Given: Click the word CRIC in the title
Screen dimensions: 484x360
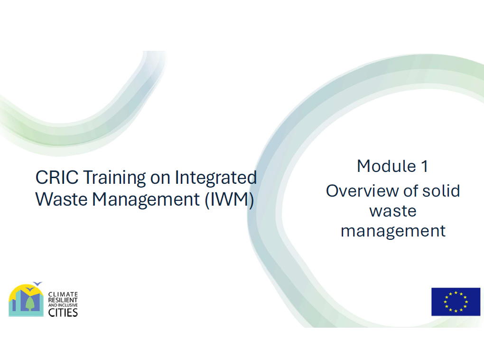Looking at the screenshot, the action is [57, 177].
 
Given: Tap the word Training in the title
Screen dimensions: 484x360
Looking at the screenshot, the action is [114, 178].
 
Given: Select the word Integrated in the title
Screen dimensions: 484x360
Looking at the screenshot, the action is [216, 178].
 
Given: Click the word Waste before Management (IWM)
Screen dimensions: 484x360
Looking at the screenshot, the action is [61, 199].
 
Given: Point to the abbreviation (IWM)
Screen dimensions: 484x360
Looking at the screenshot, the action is [230, 199].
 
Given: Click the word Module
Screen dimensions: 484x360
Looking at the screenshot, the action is [386, 166].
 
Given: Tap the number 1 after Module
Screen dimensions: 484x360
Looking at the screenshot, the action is [424, 166].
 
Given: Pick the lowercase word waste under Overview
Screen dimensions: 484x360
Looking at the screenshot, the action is [393, 211].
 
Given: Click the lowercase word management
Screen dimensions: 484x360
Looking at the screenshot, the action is [393, 231].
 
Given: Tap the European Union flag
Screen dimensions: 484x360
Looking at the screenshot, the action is [456, 302].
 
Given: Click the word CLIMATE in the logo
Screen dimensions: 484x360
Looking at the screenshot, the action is [63, 294].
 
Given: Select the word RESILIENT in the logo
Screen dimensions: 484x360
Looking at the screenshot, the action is [63, 300].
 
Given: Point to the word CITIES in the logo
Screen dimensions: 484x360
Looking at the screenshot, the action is [63, 313].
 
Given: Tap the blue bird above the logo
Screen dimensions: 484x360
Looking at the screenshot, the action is [37, 284].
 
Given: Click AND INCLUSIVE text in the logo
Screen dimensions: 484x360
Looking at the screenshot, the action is [63, 305].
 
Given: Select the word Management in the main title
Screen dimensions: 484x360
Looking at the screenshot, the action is [146, 200].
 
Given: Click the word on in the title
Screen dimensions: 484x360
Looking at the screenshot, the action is [160, 179].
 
